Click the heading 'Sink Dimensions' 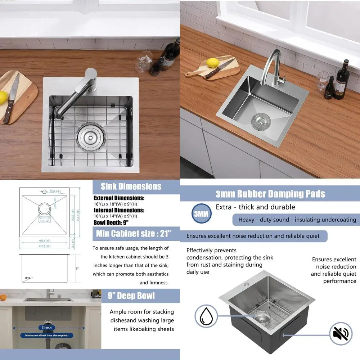coord(131,186)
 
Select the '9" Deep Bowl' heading coord(131,296)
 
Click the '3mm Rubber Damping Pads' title coord(270,194)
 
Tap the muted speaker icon coord(341,333)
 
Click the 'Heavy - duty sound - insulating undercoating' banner coord(297,220)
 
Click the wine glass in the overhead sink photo coord(144,61)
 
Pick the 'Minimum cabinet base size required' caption coord(46,335)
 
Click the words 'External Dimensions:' coord(119,198)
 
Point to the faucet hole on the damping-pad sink coord(246,284)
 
